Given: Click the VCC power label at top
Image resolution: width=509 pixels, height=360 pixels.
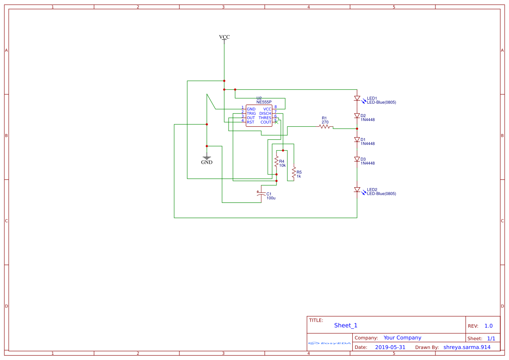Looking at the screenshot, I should click(x=224, y=37).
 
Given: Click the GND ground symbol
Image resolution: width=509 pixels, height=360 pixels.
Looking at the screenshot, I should click(x=207, y=159).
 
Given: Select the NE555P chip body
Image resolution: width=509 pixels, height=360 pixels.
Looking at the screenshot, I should click(x=259, y=116).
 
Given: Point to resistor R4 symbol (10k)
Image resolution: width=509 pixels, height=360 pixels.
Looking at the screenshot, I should click(x=276, y=161).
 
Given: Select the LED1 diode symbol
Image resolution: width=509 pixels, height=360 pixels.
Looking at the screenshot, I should click(x=357, y=99).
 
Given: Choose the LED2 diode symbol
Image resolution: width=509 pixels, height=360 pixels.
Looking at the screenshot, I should click(x=357, y=190).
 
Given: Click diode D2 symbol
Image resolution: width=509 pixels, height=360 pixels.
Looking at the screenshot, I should click(x=357, y=116).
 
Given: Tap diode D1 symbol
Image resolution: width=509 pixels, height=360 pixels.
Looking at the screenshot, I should click(x=357, y=140).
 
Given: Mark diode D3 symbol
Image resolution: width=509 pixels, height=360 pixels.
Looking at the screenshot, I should click(x=357, y=159).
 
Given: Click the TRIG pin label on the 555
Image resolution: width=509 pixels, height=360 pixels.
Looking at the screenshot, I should click(x=251, y=114).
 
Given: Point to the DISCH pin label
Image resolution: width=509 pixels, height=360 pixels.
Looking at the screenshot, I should click(x=265, y=114).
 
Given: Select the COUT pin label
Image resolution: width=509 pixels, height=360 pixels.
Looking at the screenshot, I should click(x=266, y=122).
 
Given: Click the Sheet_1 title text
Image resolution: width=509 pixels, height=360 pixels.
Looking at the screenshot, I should click(x=346, y=326).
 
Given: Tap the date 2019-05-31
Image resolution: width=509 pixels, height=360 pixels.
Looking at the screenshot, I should click(x=390, y=347).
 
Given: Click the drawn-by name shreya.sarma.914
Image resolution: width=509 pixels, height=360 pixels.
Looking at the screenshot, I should click(x=467, y=347).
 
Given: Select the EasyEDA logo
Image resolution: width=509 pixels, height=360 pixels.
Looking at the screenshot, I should click(x=329, y=343).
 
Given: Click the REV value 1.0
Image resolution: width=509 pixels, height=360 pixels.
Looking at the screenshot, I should click(x=489, y=326).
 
